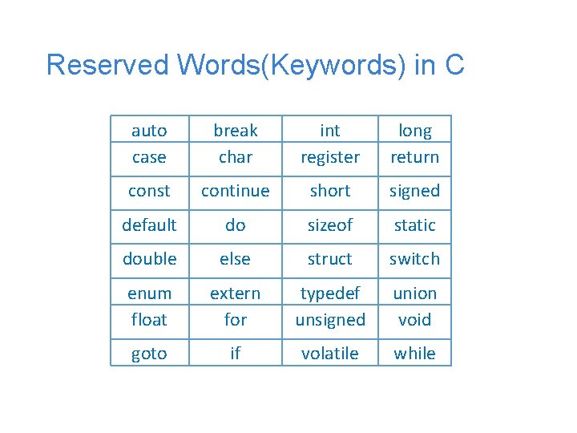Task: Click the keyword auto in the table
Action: tap(149, 131)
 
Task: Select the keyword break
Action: tap(236, 131)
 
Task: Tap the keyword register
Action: tap(330, 157)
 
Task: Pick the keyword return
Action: tap(414, 157)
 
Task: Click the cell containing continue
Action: tap(236, 191)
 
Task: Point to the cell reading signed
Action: tap(414, 191)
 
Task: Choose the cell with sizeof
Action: tap(330, 225)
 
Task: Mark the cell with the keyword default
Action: tap(149, 225)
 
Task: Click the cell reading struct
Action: tap(330, 259)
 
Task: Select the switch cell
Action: tap(414, 259)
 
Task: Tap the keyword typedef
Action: tap(330, 293)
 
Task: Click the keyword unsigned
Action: tap(330, 320)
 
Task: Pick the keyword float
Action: tap(149, 320)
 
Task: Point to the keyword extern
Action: tap(236, 293)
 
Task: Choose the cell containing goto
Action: tap(149, 354)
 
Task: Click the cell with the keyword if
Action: tap(236, 354)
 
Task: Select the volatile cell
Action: tap(330, 354)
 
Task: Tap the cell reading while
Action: tap(414, 354)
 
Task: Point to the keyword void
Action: tap(414, 320)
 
